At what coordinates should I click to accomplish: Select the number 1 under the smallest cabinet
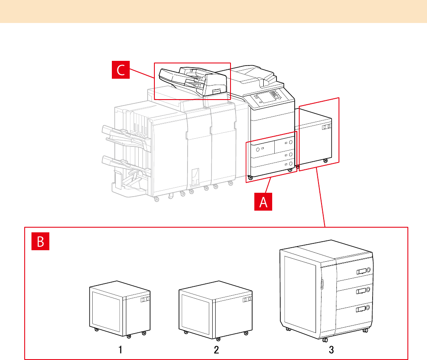click(x=120, y=350)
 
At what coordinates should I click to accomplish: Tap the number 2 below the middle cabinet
click(x=216, y=350)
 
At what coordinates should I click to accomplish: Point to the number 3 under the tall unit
click(x=331, y=350)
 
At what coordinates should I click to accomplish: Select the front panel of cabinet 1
click(x=106, y=309)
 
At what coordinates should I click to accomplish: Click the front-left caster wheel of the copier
click(x=250, y=177)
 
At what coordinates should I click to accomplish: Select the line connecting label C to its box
click(x=142, y=73)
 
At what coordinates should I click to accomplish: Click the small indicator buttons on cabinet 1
click(x=145, y=300)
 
